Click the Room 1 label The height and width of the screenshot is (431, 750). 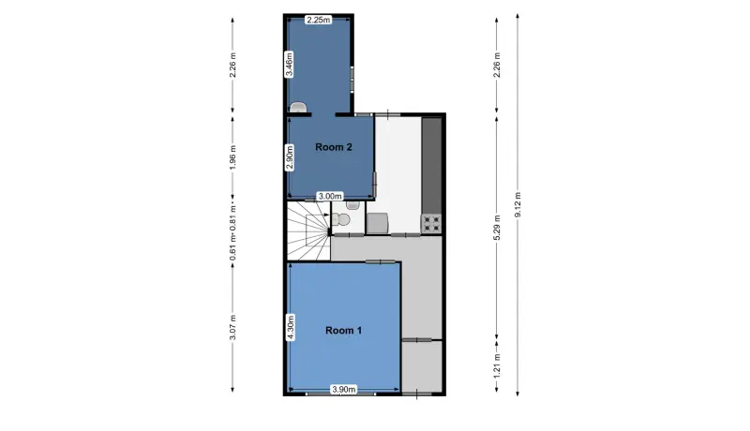tap(343, 330)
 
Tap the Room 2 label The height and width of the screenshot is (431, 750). tap(334, 147)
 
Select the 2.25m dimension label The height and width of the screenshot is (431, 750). tap(319, 20)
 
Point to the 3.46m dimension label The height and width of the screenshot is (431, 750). tap(290, 65)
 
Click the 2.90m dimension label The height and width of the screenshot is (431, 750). tap(290, 157)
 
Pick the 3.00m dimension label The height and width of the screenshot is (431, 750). tap(331, 196)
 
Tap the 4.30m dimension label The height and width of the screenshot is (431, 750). tap(290, 328)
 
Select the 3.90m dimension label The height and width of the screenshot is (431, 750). tap(344, 390)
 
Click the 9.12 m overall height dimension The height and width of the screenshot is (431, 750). tap(517, 204)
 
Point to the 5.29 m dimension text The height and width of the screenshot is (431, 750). tap(497, 227)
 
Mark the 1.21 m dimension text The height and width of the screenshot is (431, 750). tap(497, 365)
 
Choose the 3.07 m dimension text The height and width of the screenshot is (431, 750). tap(232, 327)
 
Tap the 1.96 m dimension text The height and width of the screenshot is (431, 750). tap(232, 157)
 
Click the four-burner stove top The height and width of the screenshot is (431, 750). tap(431, 224)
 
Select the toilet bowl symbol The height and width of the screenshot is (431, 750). tap(341, 220)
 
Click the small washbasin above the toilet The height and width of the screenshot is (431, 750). tap(353, 205)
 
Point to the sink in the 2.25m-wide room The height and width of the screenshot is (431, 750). tap(297, 108)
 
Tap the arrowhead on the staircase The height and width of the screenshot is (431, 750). tap(326, 215)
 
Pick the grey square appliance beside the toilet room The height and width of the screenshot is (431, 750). tap(378, 223)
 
